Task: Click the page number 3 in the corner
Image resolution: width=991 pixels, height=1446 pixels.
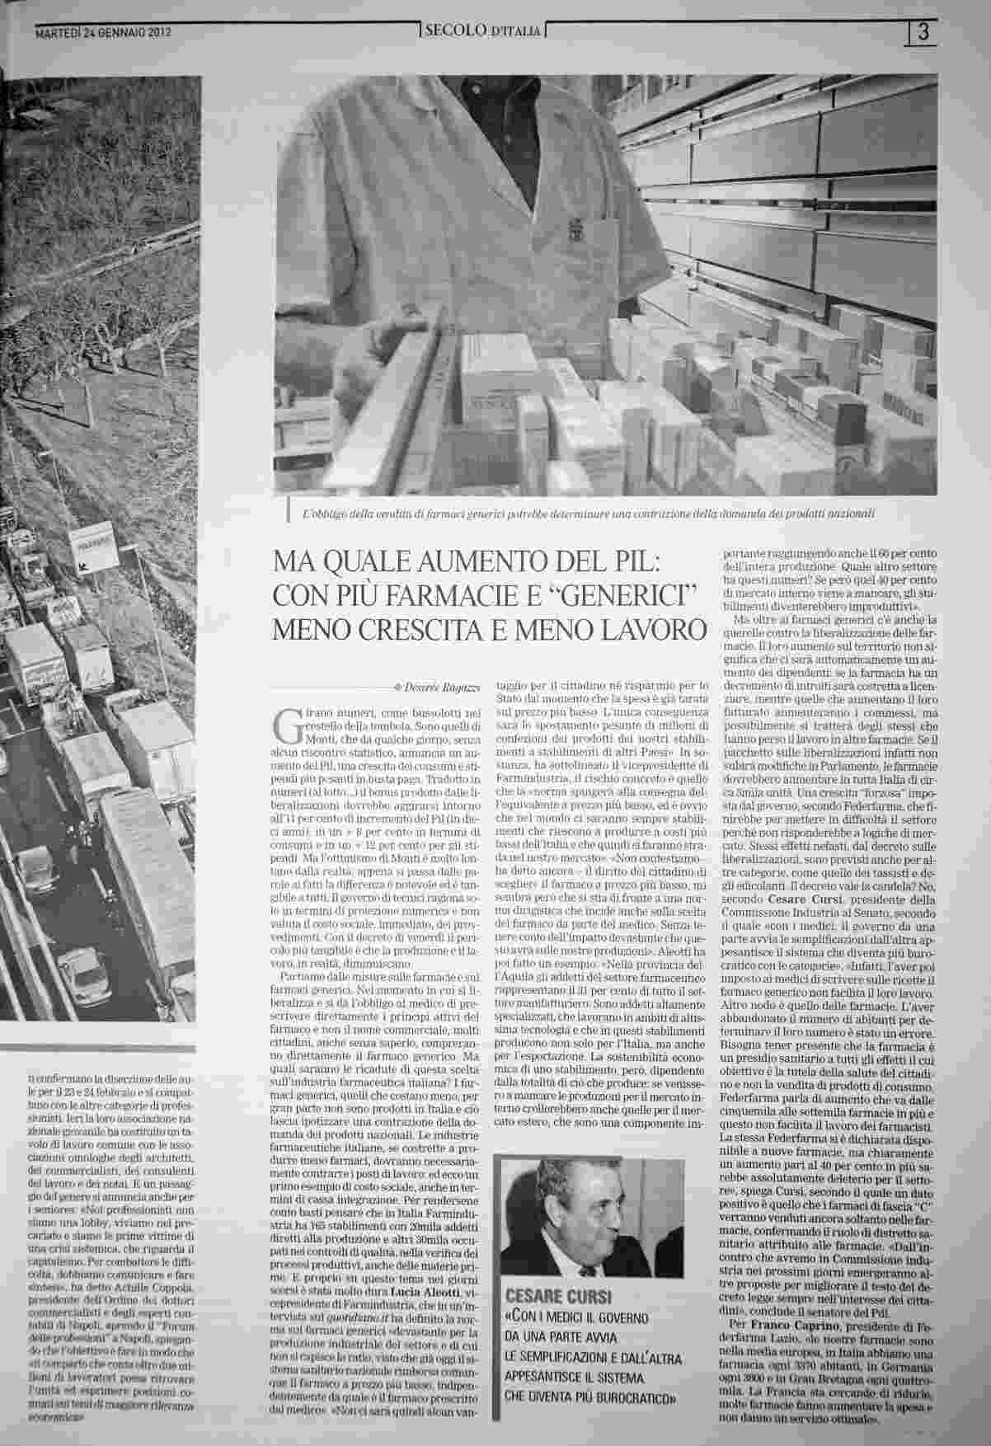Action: [x=923, y=32]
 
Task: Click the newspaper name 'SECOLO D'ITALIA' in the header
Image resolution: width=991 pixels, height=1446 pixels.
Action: [x=481, y=31]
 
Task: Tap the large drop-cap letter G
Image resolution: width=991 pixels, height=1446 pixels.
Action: [x=285, y=718]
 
